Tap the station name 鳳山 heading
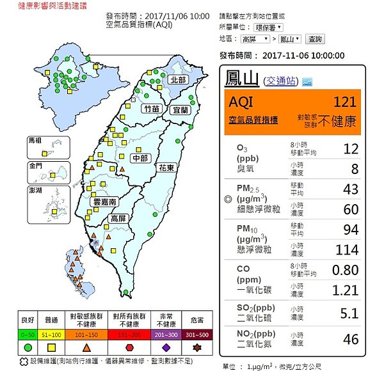[x=242, y=79]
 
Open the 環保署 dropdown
[x=270, y=28]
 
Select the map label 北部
[x=177, y=81]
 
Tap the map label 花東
[x=167, y=167]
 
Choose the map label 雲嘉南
[x=104, y=201]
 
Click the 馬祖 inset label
[x=34, y=139]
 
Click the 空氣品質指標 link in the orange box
[x=253, y=120]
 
